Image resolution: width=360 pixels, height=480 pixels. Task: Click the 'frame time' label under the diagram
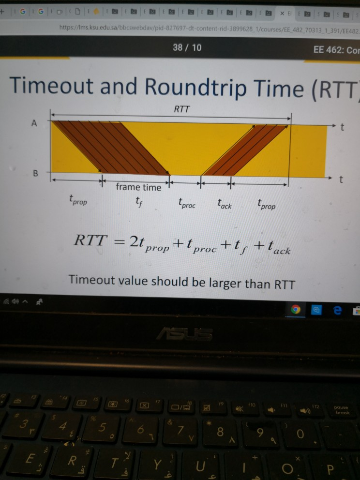coord(138,187)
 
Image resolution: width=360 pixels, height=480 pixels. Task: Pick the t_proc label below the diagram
coord(186,204)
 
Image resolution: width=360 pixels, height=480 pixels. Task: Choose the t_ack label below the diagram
coord(224,205)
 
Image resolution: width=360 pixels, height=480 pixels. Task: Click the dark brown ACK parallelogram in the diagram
coord(244,150)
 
